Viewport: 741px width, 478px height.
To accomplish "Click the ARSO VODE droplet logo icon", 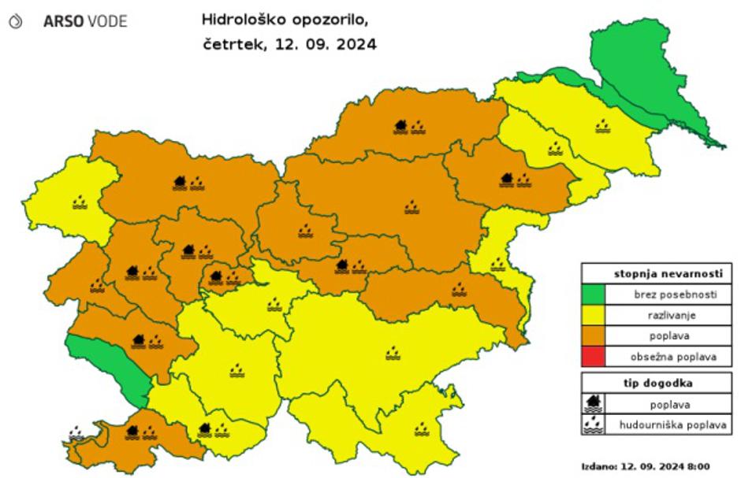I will pos(15,22).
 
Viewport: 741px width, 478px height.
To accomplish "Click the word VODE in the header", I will pos(106,22).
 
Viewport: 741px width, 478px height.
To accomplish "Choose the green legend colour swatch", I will pos(594,295).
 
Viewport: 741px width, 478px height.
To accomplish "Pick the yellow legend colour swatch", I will pos(594,315).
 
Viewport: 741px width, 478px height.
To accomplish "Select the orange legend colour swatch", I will pos(594,335).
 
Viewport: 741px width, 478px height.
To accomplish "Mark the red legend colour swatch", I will pos(594,357).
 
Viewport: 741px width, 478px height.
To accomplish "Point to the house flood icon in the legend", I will pos(594,404).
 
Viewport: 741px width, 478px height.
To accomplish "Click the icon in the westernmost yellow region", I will pos(80,203).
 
